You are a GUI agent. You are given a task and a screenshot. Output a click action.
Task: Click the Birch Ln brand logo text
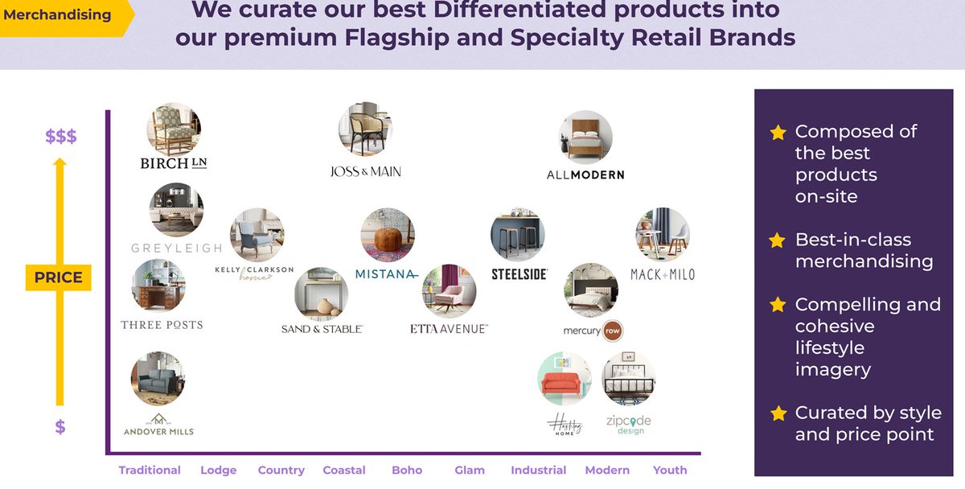click(174, 163)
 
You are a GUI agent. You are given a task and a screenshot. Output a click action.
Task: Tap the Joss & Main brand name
click(365, 171)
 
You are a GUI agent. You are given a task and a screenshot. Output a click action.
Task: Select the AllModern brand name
click(585, 175)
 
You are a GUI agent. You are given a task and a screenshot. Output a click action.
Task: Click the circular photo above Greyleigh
click(176, 210)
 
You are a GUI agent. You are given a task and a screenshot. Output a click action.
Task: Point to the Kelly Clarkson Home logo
click(254, 273)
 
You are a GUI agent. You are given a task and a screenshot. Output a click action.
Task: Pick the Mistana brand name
click(386, 274)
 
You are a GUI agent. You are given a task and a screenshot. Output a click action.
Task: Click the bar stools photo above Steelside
click(518, 236)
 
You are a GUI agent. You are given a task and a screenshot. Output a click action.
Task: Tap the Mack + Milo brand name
click(662, 274)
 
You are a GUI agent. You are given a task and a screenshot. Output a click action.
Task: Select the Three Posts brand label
click(162, 325)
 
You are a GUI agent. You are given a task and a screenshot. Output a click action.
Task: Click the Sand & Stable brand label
click(322, 329)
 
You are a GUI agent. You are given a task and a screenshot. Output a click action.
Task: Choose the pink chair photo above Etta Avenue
click(449, 292)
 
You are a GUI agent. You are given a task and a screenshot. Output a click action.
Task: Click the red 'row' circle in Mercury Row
click(613, 331)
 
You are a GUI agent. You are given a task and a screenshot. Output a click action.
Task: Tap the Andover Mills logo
click(158, 425)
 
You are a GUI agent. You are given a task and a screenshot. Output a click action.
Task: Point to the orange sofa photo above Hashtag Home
click(564, 379)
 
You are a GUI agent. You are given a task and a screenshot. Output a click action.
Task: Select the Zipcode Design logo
click(629, 424)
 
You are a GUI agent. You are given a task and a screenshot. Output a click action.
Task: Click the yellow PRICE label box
click(58, 277)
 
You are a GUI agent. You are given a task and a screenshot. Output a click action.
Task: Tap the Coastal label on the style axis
click(343, 471)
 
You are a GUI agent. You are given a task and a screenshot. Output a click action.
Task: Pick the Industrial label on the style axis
click(538, 471)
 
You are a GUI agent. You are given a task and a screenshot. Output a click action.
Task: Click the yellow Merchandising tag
click(61, 15)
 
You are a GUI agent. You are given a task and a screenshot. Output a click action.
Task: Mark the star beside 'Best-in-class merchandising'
click(777, 240)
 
